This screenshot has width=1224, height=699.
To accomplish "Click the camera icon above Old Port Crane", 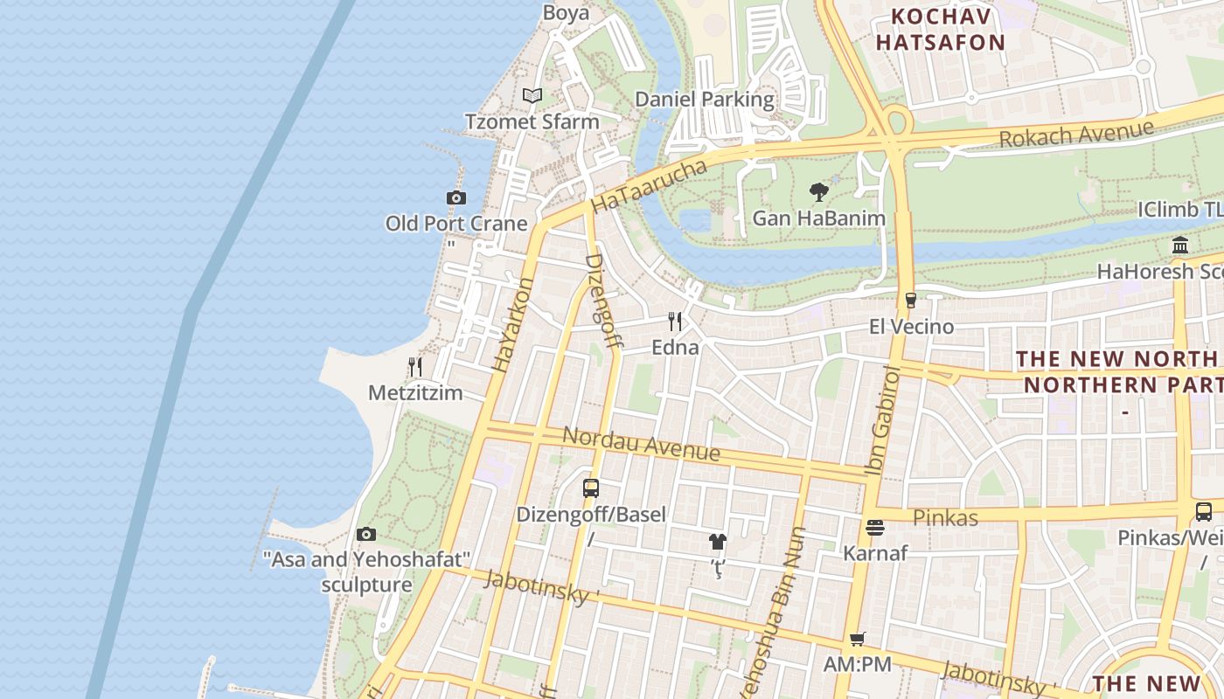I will (456, 198).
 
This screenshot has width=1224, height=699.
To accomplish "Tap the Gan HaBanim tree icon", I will (819, 191).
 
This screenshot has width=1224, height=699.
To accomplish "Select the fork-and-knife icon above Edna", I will (675, 322).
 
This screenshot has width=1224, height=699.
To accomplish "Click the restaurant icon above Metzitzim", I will (415, 367).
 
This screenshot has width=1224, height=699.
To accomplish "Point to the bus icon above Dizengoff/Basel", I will (591, 488).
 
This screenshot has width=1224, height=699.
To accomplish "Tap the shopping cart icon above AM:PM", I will (858, 640).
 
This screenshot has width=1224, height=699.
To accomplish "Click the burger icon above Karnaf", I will (875, 528).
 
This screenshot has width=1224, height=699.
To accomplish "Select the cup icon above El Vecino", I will (911, 301).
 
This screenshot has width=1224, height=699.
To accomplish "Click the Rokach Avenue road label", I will (1075, 134).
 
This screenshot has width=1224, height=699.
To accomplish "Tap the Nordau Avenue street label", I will (641, 443).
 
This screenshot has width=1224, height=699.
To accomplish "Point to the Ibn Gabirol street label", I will (882, 421).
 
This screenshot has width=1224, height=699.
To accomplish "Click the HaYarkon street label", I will (512, 325).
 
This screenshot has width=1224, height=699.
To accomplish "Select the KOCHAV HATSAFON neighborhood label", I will (941, 29).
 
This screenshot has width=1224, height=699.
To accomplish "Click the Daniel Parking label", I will (704, 99).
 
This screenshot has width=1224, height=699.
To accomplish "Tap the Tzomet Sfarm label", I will (532, 121).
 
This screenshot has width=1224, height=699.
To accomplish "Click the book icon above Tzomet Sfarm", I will (532, 95).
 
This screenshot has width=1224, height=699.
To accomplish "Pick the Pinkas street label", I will (945, 517).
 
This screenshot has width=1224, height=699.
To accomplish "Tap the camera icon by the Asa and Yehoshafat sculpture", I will (366, 534).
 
